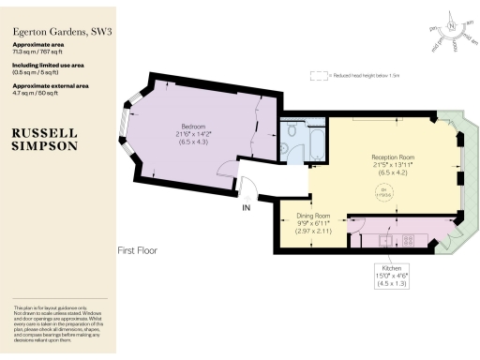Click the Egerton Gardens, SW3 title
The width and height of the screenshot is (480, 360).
click(x=56, y=31)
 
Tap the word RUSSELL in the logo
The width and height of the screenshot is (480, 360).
click(x=44, y=134)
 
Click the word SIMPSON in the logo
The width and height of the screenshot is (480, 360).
click(x=44, y=146)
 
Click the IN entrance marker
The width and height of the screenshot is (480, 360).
click(x=247, y=206)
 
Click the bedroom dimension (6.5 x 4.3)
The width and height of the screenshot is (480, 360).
click(x=194, y=142)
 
